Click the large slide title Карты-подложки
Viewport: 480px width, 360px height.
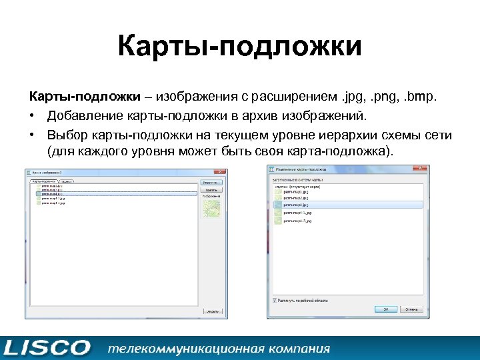coord(240,47)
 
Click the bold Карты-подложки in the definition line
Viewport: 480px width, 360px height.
coord(80,97)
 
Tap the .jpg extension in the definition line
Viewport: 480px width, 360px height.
coord(351,97)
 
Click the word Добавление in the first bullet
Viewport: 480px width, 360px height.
coord(85,117)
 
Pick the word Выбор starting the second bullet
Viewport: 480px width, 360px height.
coord(68,135)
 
